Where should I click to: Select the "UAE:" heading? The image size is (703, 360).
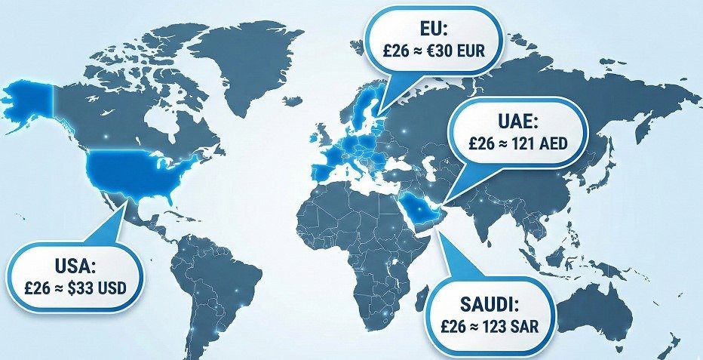pos(515,122)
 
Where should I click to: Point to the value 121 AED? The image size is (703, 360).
pos(537,143)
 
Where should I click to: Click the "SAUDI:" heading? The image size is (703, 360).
pos(490,306)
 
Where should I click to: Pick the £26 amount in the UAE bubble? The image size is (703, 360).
pos(483,143)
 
